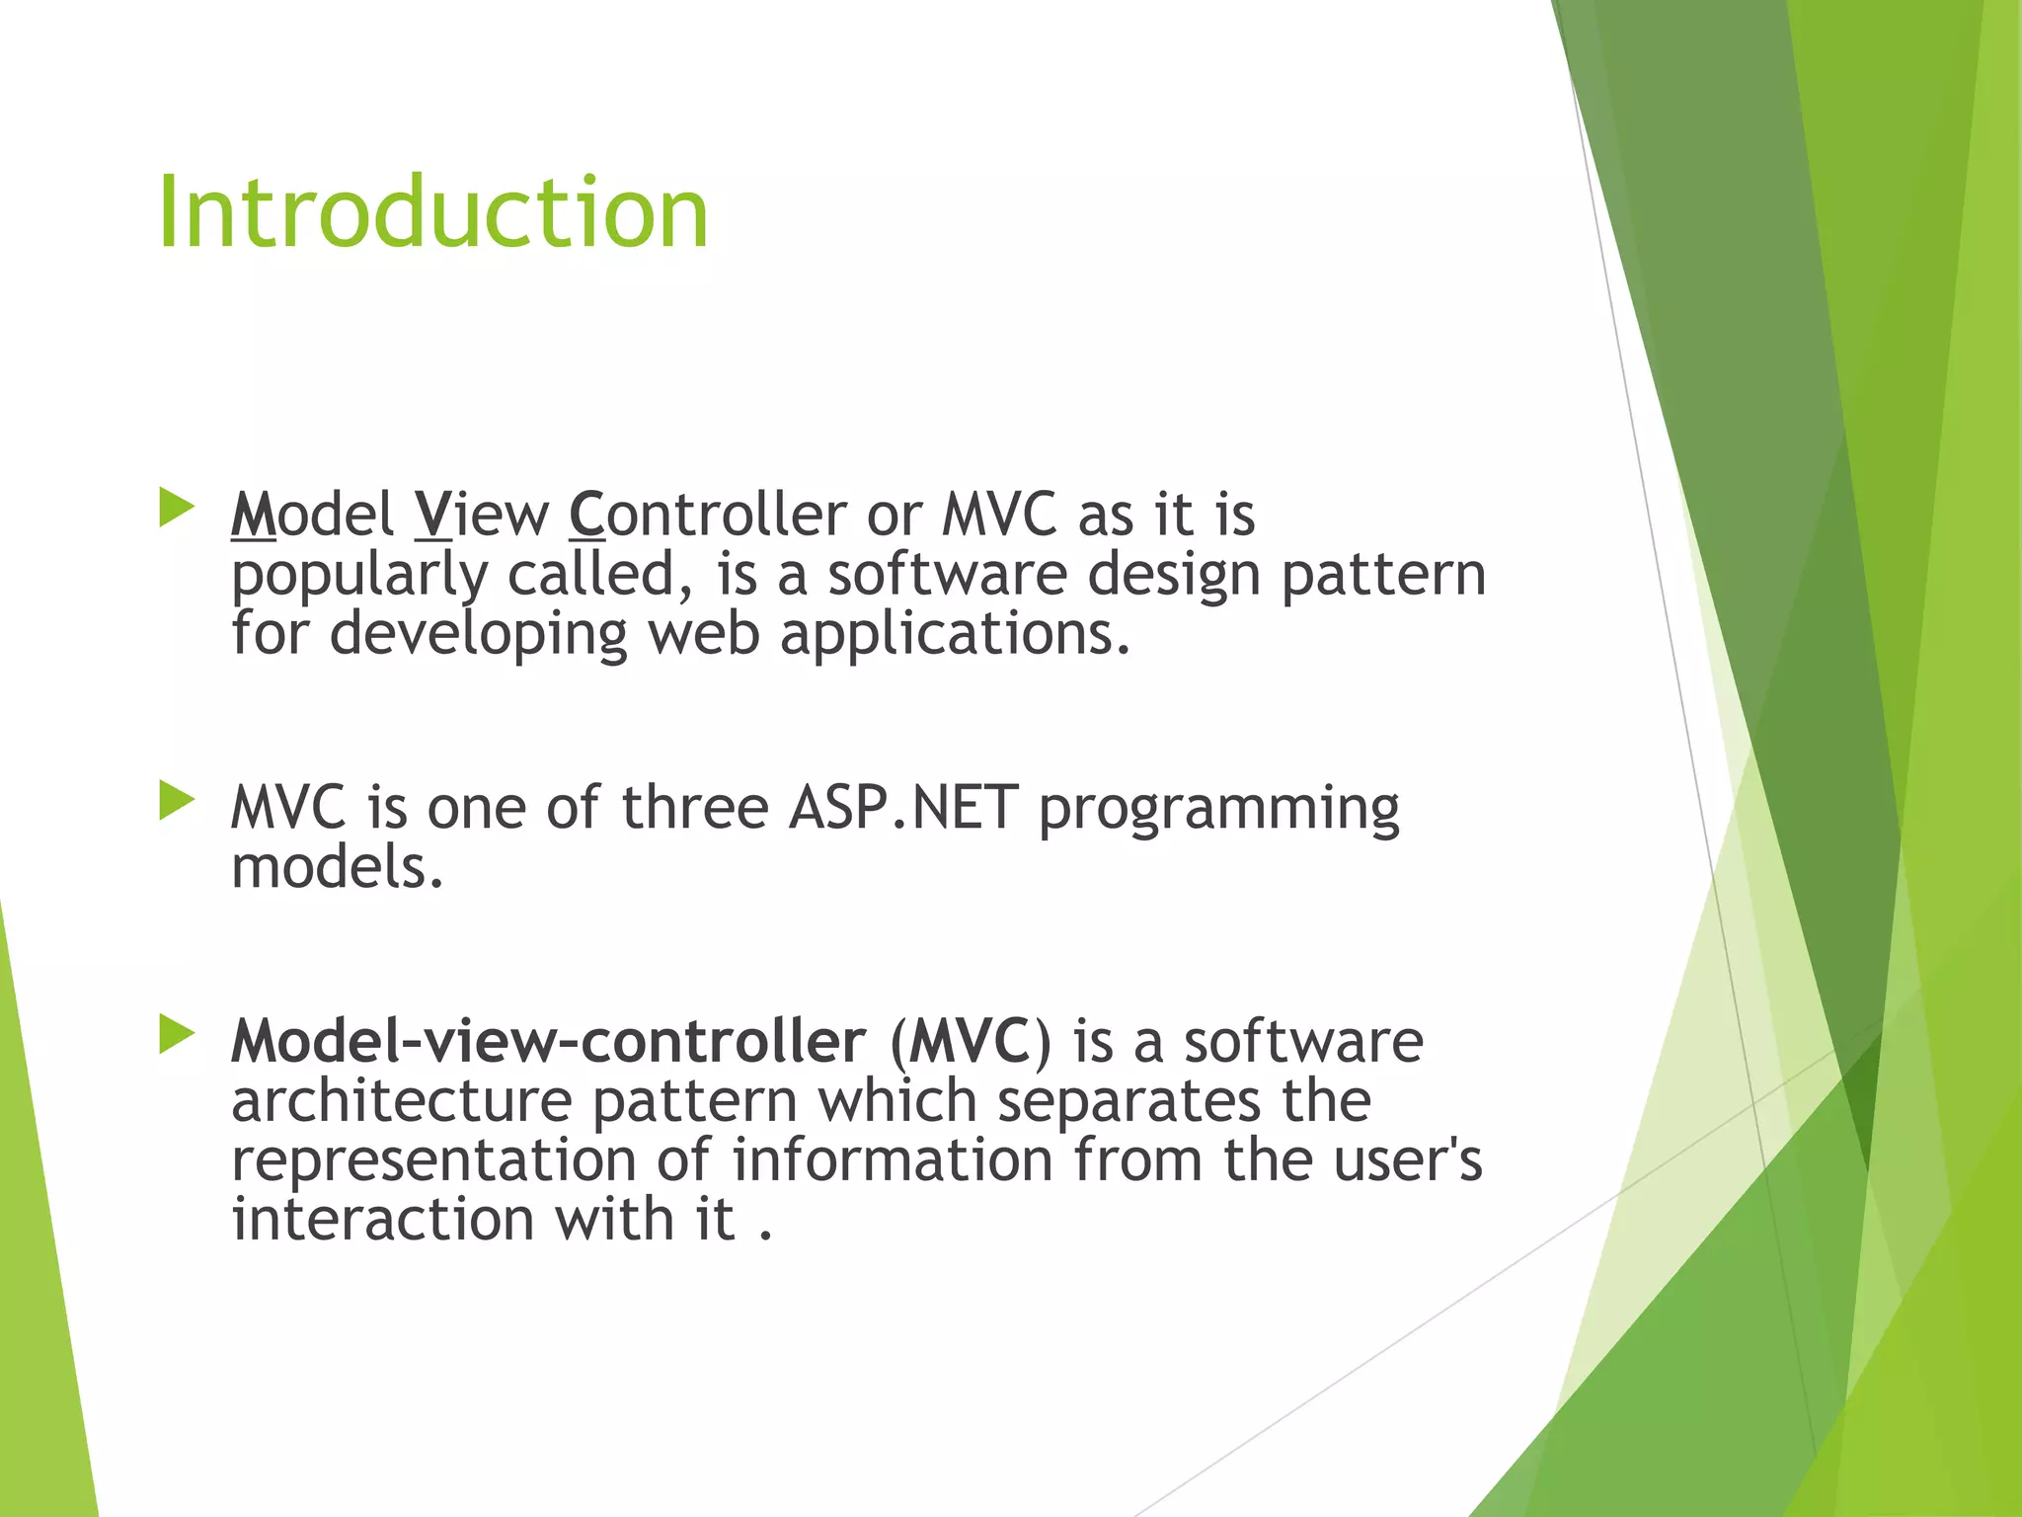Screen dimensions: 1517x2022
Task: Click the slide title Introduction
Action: (x=432, y=212)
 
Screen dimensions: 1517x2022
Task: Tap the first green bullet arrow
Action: (x=177, y=508)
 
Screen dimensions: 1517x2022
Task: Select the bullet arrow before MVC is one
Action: (x=177, y=801)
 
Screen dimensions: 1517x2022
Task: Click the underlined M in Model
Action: (x=253, y=516)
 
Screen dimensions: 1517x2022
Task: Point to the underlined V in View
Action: (x=431, y=516)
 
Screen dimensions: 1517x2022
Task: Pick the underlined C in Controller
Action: (x=586, y=516)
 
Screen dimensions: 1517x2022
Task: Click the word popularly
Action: (x=359, y=577)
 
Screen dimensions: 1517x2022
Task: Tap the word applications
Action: (x=954, y=635)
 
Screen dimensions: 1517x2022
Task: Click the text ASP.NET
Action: (x=902, y=809)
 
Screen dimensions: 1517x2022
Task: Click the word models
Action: (x=337, y=868)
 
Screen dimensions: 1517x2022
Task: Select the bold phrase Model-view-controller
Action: (x=548, y=1042)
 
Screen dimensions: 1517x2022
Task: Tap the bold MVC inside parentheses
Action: (x=970, y=1042)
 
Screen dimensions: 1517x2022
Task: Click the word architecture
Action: (x=401, y=1101)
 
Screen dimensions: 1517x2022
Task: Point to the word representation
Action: (x=433, y=1161)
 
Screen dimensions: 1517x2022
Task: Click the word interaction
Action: (x=383, y=1220)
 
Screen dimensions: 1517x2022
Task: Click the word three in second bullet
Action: (x=694, y=809)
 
